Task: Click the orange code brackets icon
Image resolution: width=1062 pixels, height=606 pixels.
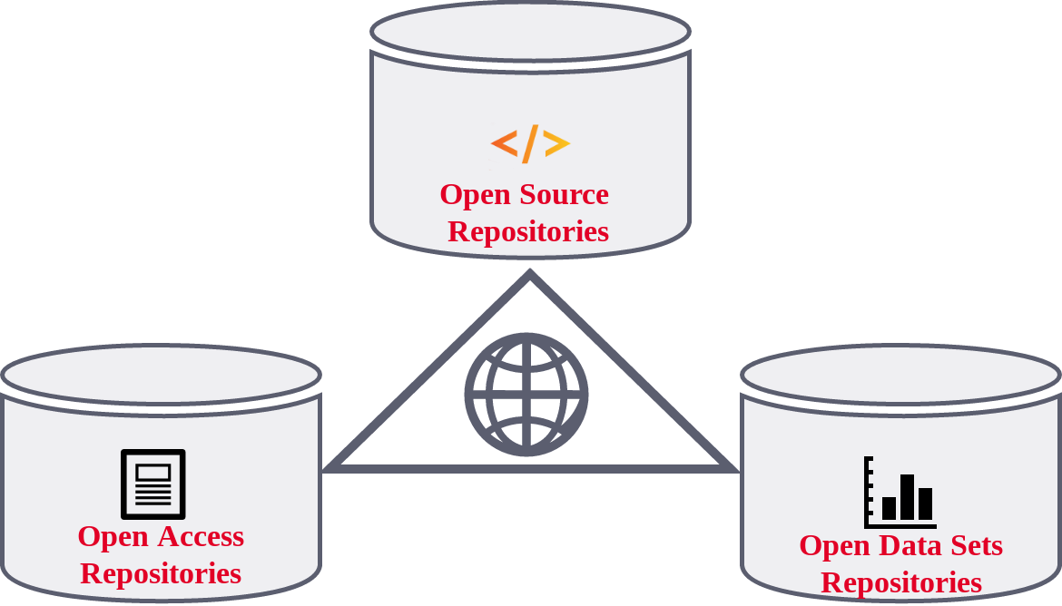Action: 530,143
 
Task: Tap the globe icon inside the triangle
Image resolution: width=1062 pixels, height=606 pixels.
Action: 526,395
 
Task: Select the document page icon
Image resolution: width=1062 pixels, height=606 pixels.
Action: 153,484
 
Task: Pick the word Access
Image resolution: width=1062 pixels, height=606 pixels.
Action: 202,536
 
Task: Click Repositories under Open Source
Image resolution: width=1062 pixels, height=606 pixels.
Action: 528,231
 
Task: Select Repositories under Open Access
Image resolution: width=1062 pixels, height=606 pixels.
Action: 161,573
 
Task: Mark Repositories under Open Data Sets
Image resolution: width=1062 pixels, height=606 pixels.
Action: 901,582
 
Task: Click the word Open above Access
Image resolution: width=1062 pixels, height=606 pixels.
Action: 113,536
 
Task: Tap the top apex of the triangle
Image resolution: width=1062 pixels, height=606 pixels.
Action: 530,275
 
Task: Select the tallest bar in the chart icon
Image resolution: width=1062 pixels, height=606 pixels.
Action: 907,496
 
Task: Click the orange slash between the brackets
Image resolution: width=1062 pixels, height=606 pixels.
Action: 530,143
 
